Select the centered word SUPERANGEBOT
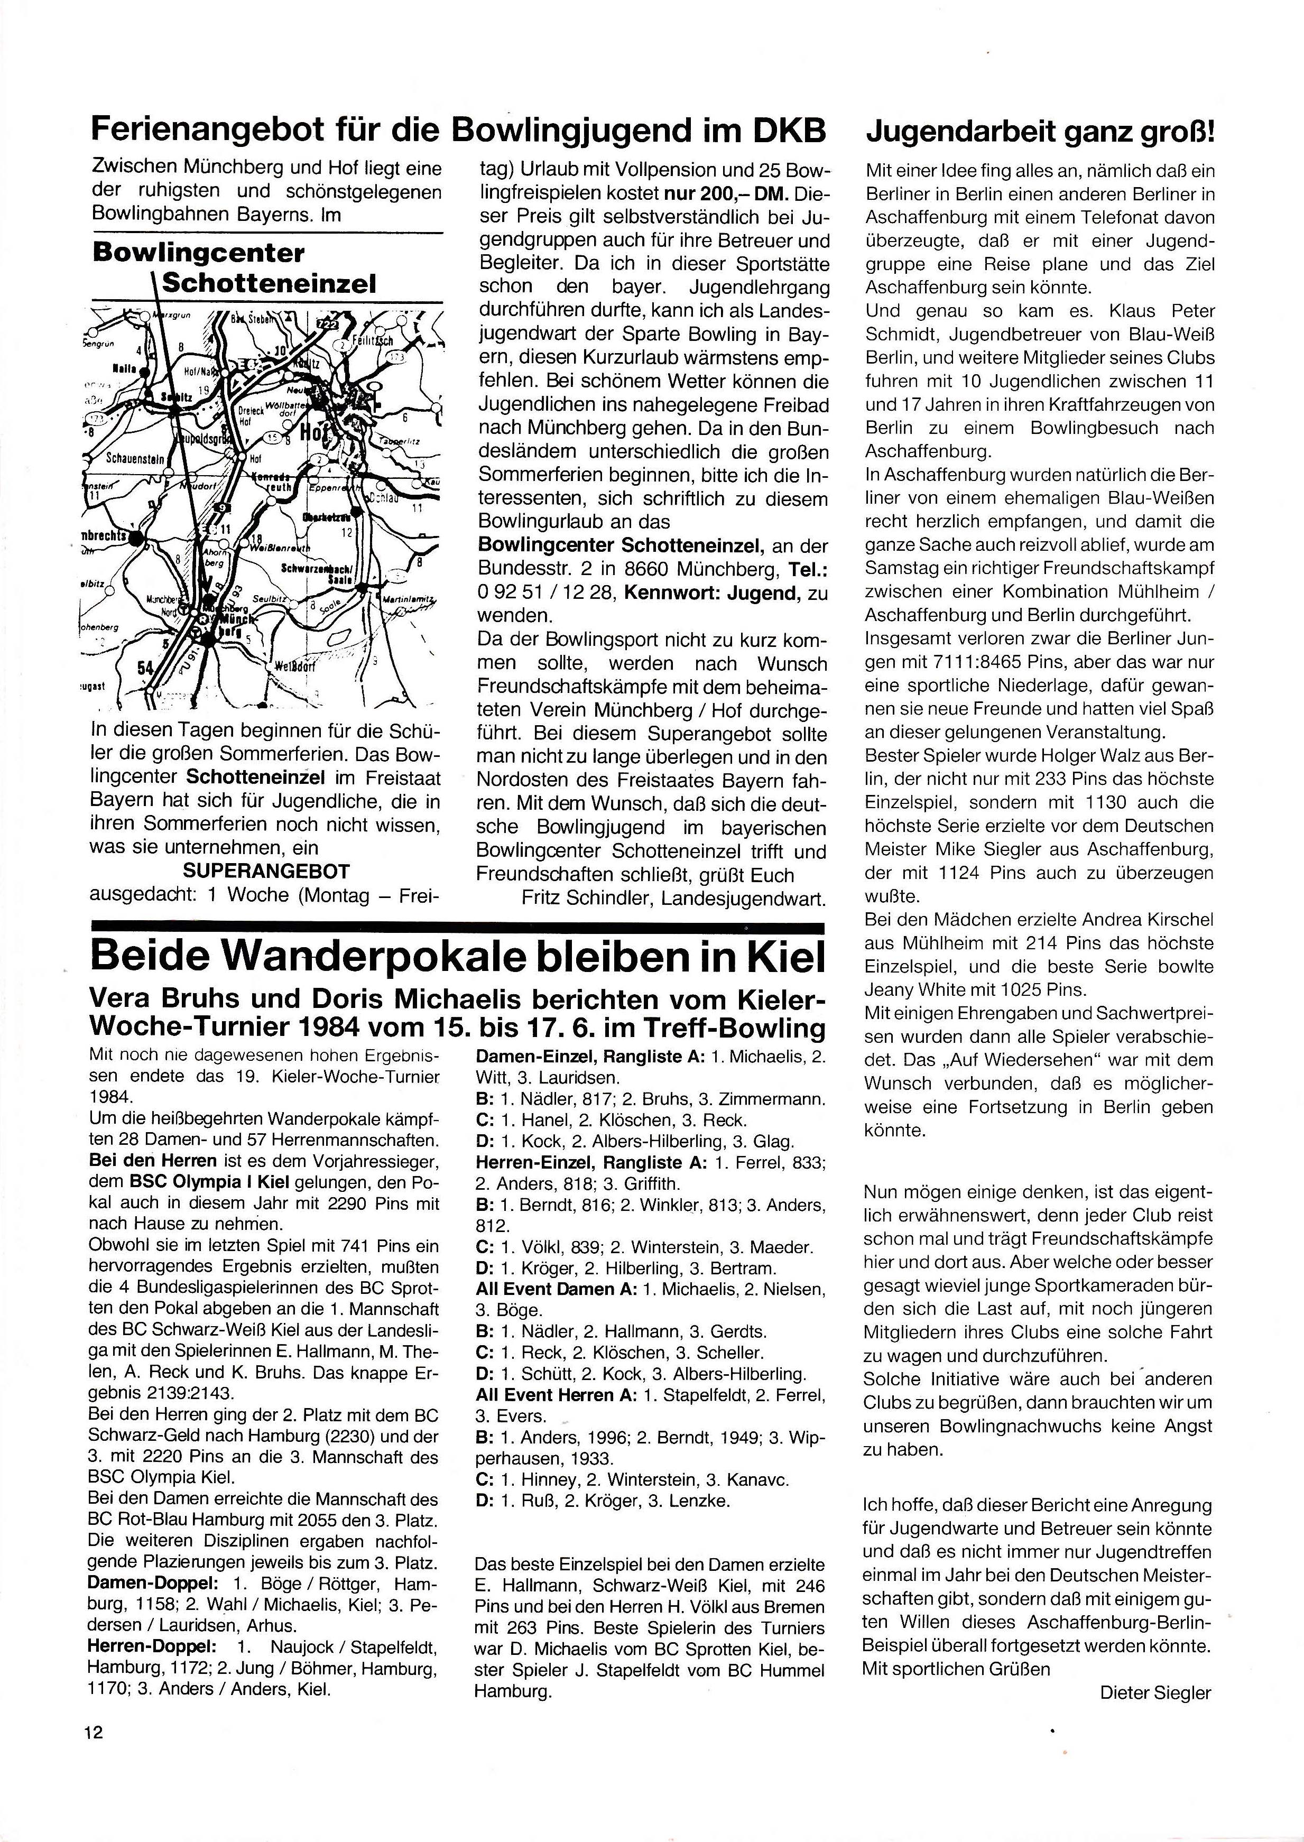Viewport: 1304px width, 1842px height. point(266,871)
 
